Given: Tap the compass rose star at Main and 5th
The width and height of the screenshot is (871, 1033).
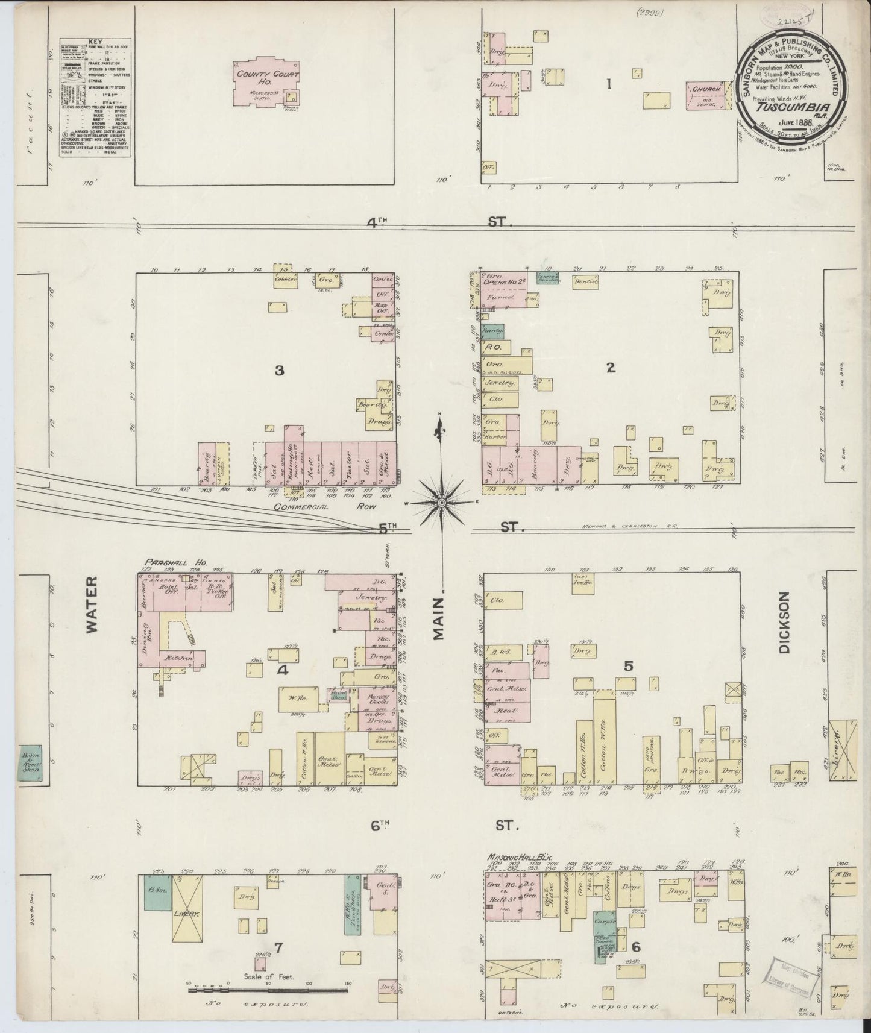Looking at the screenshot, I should click(441, 502).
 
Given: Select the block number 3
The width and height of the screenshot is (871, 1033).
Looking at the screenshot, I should click(279, 371).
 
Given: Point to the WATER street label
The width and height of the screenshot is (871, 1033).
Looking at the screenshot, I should click(91, 613).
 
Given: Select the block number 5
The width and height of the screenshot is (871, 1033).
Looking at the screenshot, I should click(629, 666).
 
